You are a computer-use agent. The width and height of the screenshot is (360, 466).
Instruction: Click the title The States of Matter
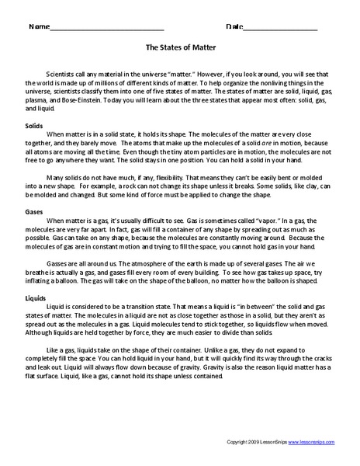179,46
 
